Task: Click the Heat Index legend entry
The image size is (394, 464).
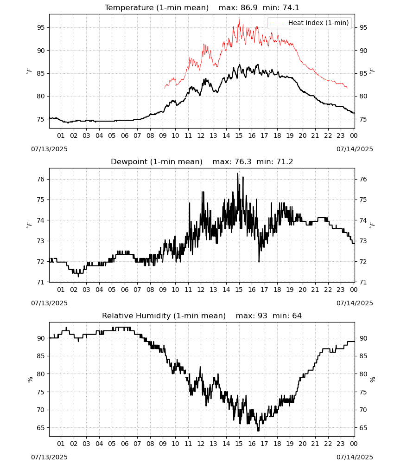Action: point(310,23)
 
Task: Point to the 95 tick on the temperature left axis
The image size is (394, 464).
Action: point(41,27)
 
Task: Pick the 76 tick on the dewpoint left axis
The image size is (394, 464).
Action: point(41,179)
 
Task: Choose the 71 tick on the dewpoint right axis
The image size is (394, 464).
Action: point(363,282)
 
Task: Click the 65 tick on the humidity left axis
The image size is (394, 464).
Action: point(41,428)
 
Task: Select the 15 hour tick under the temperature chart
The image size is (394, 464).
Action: point(239,135)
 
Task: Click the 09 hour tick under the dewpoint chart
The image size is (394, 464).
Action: point(163,290)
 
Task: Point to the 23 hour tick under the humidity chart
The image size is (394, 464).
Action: point(341,444)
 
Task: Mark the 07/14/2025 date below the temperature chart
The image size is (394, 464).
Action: point(355,149)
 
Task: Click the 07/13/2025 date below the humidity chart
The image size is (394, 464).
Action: point(49,457)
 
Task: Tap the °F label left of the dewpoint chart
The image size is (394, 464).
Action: point(29,225)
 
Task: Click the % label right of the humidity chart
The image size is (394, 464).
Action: point(372,380)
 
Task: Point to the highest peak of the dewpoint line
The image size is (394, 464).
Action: point(237,173)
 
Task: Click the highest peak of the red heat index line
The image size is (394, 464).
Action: point(240,19)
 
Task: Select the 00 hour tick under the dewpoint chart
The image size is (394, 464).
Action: point(354,290)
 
